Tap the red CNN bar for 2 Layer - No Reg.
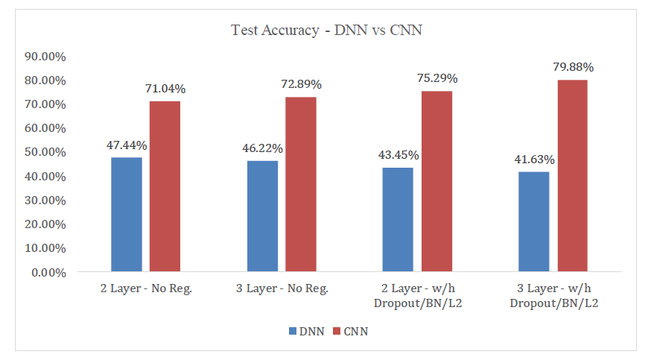pyautogui.click(x=165, y=186)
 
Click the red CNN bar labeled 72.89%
pyautogui.click(x=301, y=184)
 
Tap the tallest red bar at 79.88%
pyautogui.click(x=573, y=176)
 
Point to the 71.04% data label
pyautogui.click(x=165, y=89)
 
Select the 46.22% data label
pyautogui.click(x=262, y=148)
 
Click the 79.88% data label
pyautogui.click(x=573, y=67)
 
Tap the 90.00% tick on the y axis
pyautogui.click(x=46, y=56)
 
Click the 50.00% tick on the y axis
pyautogui.click(x=46, y=152)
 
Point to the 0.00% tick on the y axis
pyautogui.click(x=49, y=272)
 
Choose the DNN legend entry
pyautogui.click(x=306, y=332)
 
